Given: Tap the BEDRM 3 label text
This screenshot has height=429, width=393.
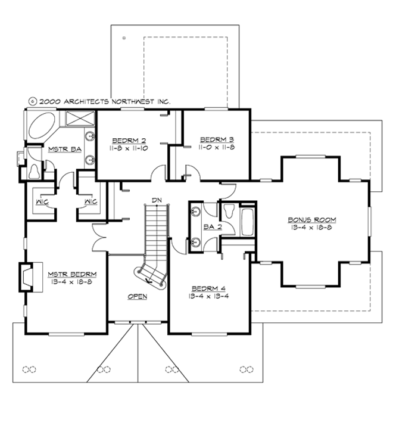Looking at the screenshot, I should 212,136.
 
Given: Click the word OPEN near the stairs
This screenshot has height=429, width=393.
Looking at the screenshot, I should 137,296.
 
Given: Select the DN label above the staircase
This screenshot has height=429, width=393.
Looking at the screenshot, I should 157,200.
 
